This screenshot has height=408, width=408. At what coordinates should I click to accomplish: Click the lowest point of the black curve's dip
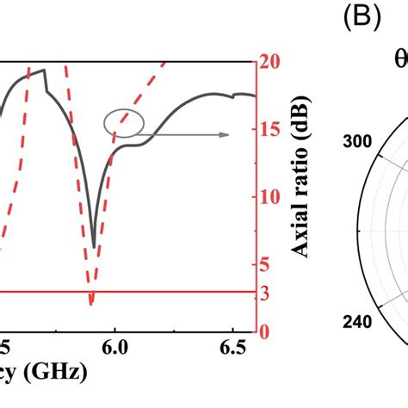94,247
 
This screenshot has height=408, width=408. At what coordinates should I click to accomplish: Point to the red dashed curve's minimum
90,303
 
